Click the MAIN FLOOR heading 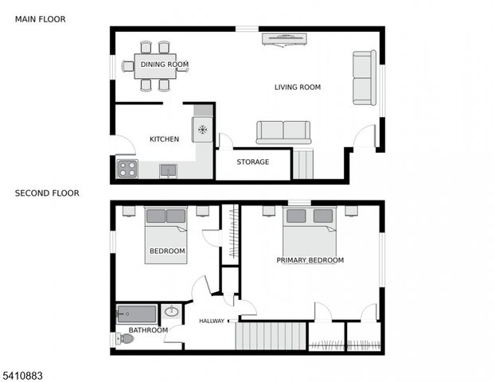41,18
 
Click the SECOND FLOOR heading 47,193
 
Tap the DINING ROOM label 165,64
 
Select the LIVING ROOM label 298,88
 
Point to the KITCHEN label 164,139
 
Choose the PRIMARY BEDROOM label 310,260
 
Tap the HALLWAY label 211,322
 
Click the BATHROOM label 148,330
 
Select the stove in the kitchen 127,169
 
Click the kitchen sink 168,170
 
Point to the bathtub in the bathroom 137,314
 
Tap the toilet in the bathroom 125,339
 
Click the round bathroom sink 171,312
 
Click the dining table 154,66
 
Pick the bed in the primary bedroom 310,231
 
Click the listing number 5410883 24,373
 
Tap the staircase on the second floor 271,335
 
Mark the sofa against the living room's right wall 364,78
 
